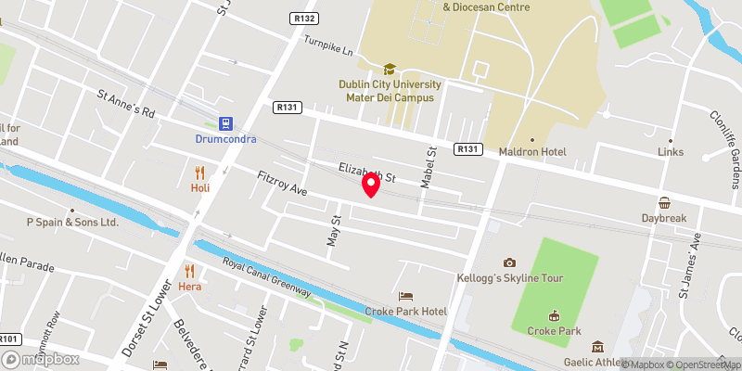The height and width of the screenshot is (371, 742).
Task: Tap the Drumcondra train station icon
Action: point(224,122)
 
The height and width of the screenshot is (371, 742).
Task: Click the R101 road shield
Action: point(9,339)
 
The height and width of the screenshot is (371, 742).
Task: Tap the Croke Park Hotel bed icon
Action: point(405,296)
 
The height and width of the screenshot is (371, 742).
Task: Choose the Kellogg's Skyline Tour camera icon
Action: point(508,263)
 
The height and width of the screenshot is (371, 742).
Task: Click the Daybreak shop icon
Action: point(664,203)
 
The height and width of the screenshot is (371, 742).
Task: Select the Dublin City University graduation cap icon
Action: point(390,69)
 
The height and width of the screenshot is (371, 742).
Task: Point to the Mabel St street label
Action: point(429,167)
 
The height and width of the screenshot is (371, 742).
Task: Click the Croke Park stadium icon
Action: point(555,315)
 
